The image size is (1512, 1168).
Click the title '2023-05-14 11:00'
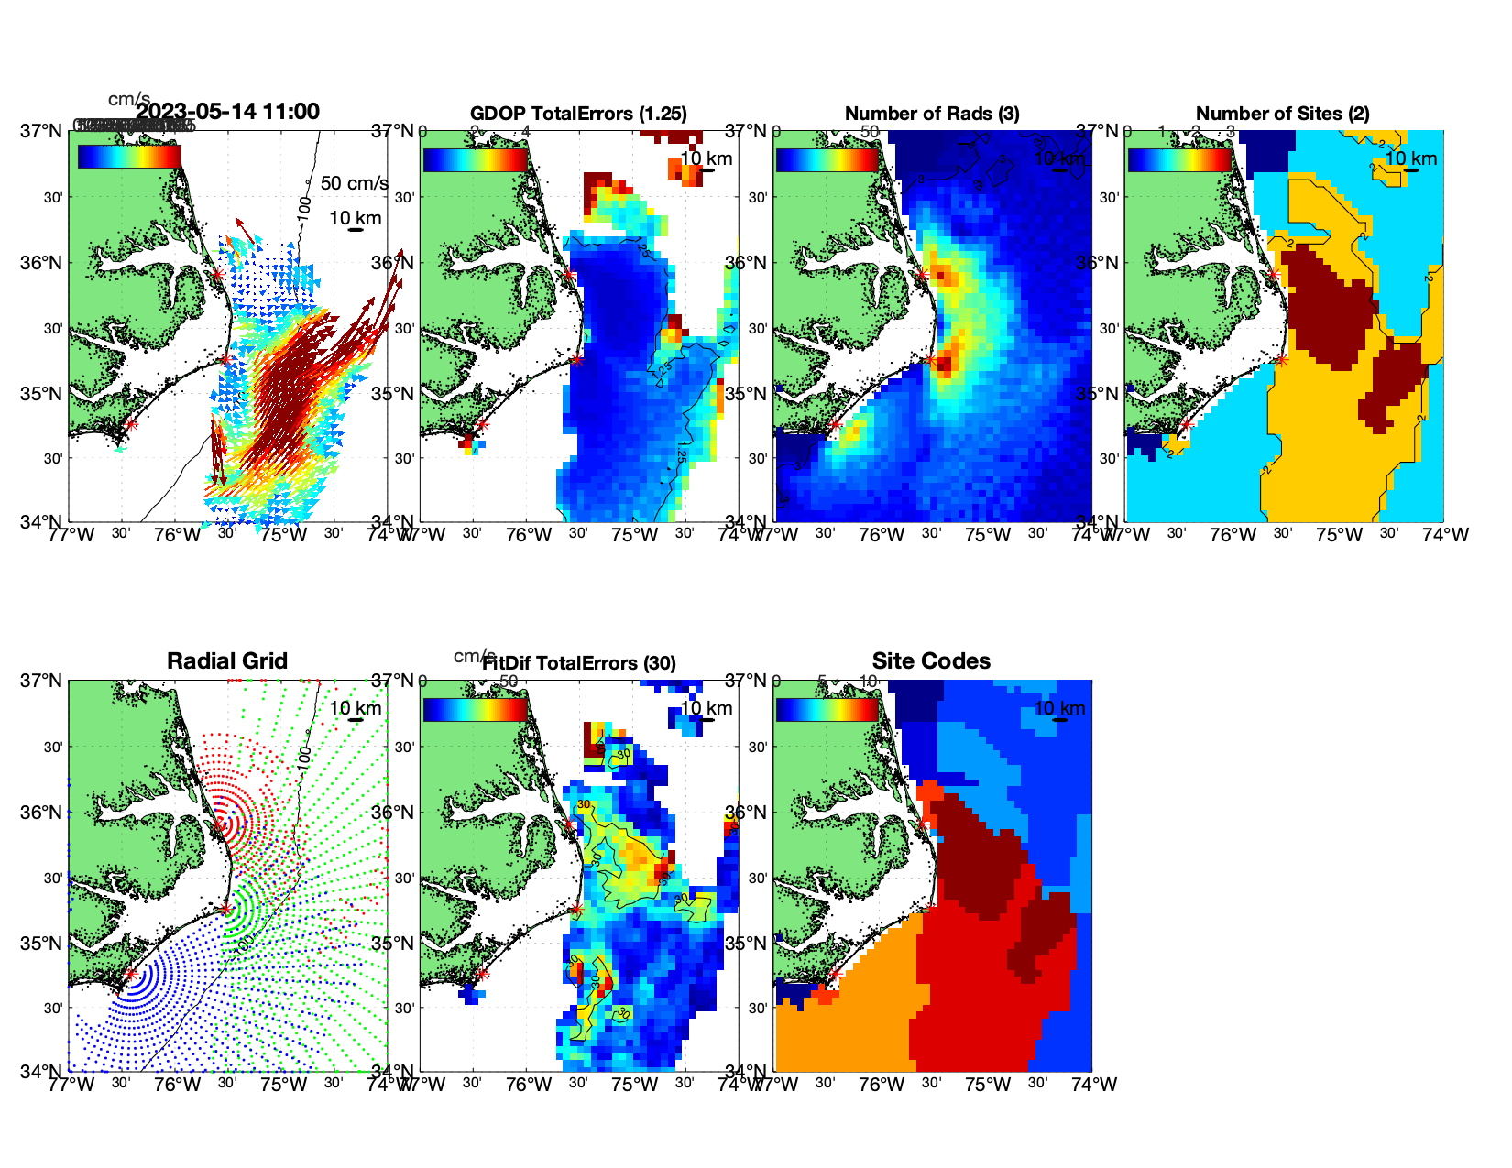(228, 112)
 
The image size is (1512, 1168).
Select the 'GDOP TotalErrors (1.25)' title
(578, 114)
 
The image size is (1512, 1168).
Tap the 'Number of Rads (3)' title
(932, 114)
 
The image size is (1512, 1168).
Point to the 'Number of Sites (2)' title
(1283, 114)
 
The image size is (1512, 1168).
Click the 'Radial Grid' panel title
(227, 661)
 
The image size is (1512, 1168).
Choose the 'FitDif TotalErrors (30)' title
(579, 663)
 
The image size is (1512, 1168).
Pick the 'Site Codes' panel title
(931, 661)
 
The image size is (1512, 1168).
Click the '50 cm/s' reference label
(354, 183)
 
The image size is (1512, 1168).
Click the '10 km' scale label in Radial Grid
(356, 708)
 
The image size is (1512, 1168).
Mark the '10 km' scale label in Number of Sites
(1410, 158)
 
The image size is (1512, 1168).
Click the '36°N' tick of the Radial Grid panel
(42, 813)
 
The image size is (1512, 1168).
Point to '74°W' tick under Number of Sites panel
(1445, 534)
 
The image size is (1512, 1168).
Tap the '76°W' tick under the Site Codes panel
(882, 1084)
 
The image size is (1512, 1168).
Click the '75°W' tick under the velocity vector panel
(283, 534)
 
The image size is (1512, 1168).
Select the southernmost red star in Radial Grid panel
(131, 975)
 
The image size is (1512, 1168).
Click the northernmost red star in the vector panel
(217, 274)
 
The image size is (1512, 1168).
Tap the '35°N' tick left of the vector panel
(42, 394)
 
